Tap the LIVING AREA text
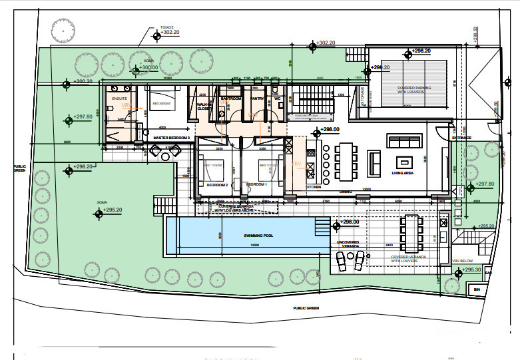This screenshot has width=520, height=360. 402,172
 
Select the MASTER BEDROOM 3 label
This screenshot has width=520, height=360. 172,138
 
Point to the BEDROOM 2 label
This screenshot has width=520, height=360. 217,184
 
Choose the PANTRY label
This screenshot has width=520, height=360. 257,98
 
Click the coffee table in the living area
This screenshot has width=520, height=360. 405,161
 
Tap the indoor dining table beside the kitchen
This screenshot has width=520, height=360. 346,161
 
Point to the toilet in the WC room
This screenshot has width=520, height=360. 274,89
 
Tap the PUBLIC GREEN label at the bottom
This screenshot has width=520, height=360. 306,308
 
